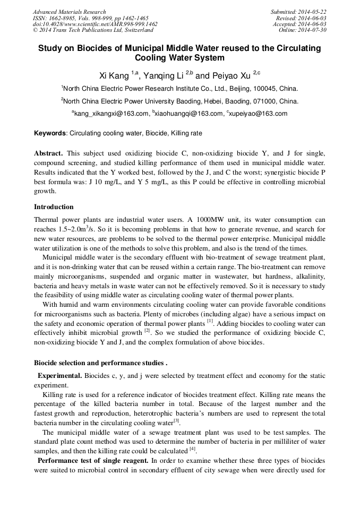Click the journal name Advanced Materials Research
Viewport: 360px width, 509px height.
tap(69, 12)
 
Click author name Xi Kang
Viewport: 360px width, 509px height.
tap(114, 76)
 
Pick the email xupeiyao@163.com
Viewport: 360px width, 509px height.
tap(259, 114)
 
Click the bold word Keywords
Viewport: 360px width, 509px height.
tap(50, 133)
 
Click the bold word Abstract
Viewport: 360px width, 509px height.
tap(48, 153)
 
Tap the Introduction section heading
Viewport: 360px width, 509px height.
tap(54, 206)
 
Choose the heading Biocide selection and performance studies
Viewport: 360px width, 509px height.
tap(100, 363)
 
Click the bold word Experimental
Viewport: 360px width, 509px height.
tap(59, 376)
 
